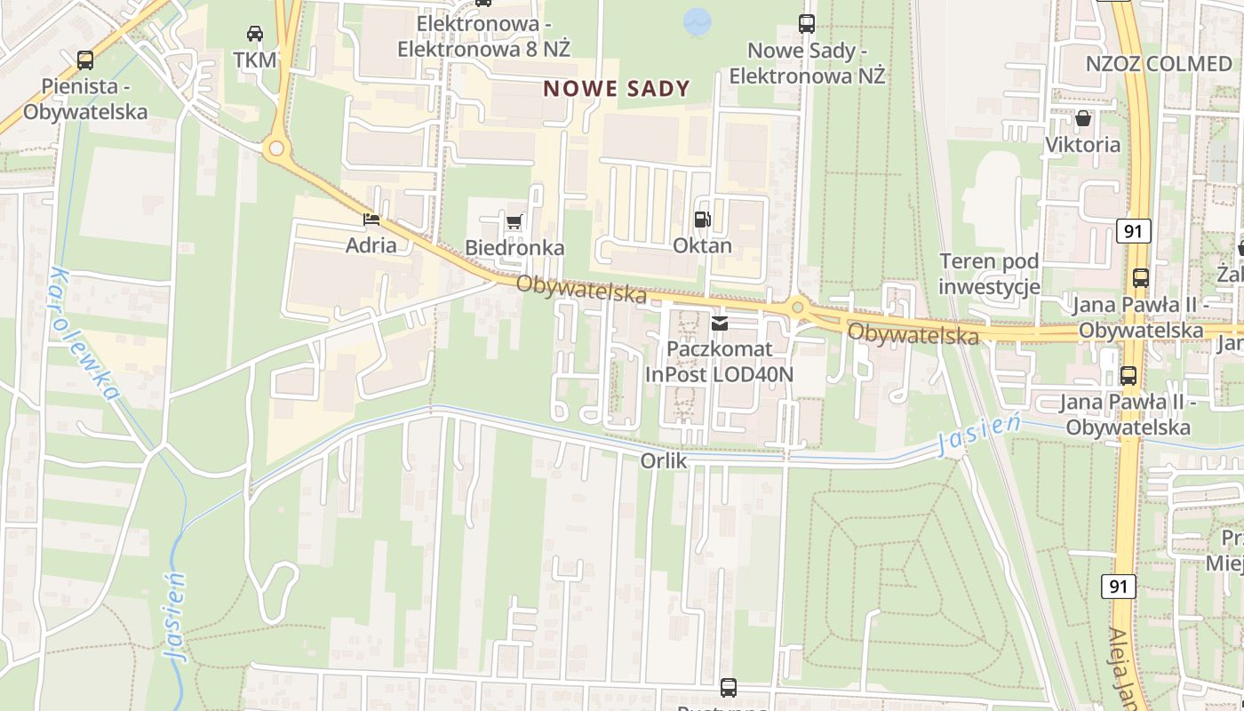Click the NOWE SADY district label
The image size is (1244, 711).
pyautogui.click(x=617, y=88)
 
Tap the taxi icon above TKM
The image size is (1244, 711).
pyautogui.click(x=255, y=34)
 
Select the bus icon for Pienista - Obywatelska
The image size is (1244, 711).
pyautogui.click(x=85, y=60)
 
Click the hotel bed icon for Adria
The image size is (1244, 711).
pyautogui.click(x=371, y=220)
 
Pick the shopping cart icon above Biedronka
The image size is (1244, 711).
pyautogui.click(x=514, y=221)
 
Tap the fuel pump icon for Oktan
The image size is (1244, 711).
pyautogui.click(x=702, y=220)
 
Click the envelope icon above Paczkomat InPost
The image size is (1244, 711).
pyautogui.click(x=719, y=323)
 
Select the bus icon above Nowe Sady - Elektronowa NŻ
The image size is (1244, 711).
pyautogui.click(x=807, y=24)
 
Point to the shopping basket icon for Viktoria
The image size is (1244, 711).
pyautogui.click(x=1082, y=118)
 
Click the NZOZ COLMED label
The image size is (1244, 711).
pyautogui.click(x=1159, y=64)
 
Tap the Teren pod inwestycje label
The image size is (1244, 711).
pyautogui.click(x=989, y=274)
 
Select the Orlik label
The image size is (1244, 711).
pyautogui.click(x=664, y=461)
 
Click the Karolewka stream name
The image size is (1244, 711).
pyautogui.click(x=85, y=333)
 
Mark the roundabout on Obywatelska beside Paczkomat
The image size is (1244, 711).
pyautogui.click(x=797, y=308)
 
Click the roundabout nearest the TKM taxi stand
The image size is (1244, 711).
pyautogui.click(x=277, y=148)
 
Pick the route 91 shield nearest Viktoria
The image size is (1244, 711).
pyautogui.click(x=1132, y=231)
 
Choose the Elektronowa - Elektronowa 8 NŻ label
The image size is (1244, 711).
pyautogui.click(x=483, y=36)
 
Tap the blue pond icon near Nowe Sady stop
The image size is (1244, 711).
pyautogui.click(x=698, y=21)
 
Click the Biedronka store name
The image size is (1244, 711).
pyautogui.click(x=514, y=247)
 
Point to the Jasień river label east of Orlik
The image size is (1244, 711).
pyautogui.click(x=978, y=435)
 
